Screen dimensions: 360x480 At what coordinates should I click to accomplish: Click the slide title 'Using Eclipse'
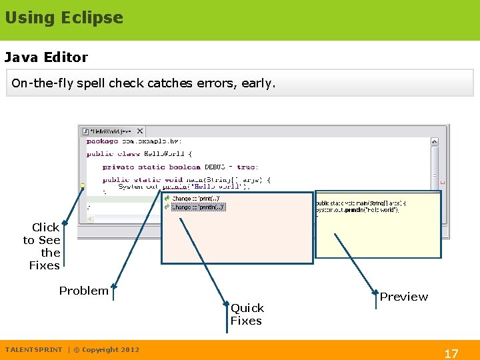click(64, 18)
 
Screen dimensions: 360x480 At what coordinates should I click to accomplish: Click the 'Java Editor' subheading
click(46, 57)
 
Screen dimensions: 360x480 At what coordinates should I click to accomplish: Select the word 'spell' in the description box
click(91, 83)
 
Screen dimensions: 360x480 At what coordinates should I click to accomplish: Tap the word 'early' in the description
click(257, 83)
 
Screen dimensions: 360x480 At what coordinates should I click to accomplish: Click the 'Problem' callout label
click(83, 291)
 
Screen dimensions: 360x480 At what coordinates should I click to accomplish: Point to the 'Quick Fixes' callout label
click(247, 314)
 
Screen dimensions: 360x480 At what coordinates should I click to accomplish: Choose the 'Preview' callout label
click(404, 297)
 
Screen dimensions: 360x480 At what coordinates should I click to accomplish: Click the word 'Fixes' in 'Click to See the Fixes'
click(45, 265)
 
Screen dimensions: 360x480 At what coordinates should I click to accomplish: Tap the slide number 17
click(451, 353)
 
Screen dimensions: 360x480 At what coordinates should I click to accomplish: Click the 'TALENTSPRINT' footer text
click(33, 349)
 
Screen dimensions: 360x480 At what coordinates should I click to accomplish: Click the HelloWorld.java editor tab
click(109, 131)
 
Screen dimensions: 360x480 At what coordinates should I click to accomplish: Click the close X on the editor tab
click(140, 131)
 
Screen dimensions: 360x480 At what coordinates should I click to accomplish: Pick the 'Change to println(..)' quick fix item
click(198, 207)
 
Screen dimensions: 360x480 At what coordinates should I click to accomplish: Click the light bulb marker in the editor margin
click(83, 185)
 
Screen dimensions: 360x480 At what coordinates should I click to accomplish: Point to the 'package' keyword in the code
click(102, 141)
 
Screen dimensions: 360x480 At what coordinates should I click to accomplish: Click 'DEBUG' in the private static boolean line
click(215, 167)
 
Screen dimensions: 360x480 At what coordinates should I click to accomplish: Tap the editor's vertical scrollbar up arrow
click(434, 141)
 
